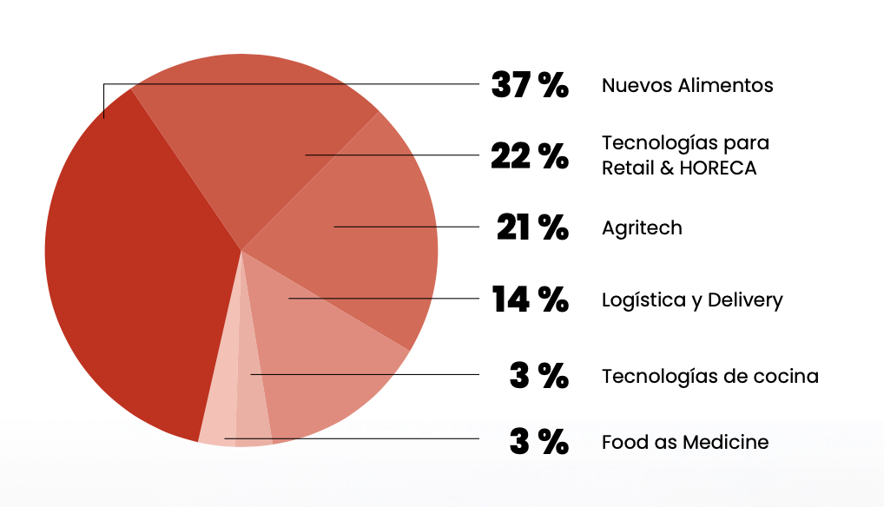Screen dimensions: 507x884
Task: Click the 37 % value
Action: click(x=529, y=85)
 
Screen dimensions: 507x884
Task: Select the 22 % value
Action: click(x=529, y=156)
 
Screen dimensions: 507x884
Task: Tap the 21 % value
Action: click(x=531, y=227)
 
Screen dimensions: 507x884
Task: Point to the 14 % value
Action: click(x=530, y=300)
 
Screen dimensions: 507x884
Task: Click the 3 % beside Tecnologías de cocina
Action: click(x=538, y=376)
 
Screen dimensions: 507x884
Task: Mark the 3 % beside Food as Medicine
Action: click(x=538, y=442)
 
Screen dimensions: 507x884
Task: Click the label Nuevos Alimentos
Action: click(x=687, y=85)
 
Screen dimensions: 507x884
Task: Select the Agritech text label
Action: click(x=642, y=228)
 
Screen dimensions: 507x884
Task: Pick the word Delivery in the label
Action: click(x=745, y=300)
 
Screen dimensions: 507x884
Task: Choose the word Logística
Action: click(x=640, y=300)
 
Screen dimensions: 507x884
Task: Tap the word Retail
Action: click(x=623, y=168)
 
